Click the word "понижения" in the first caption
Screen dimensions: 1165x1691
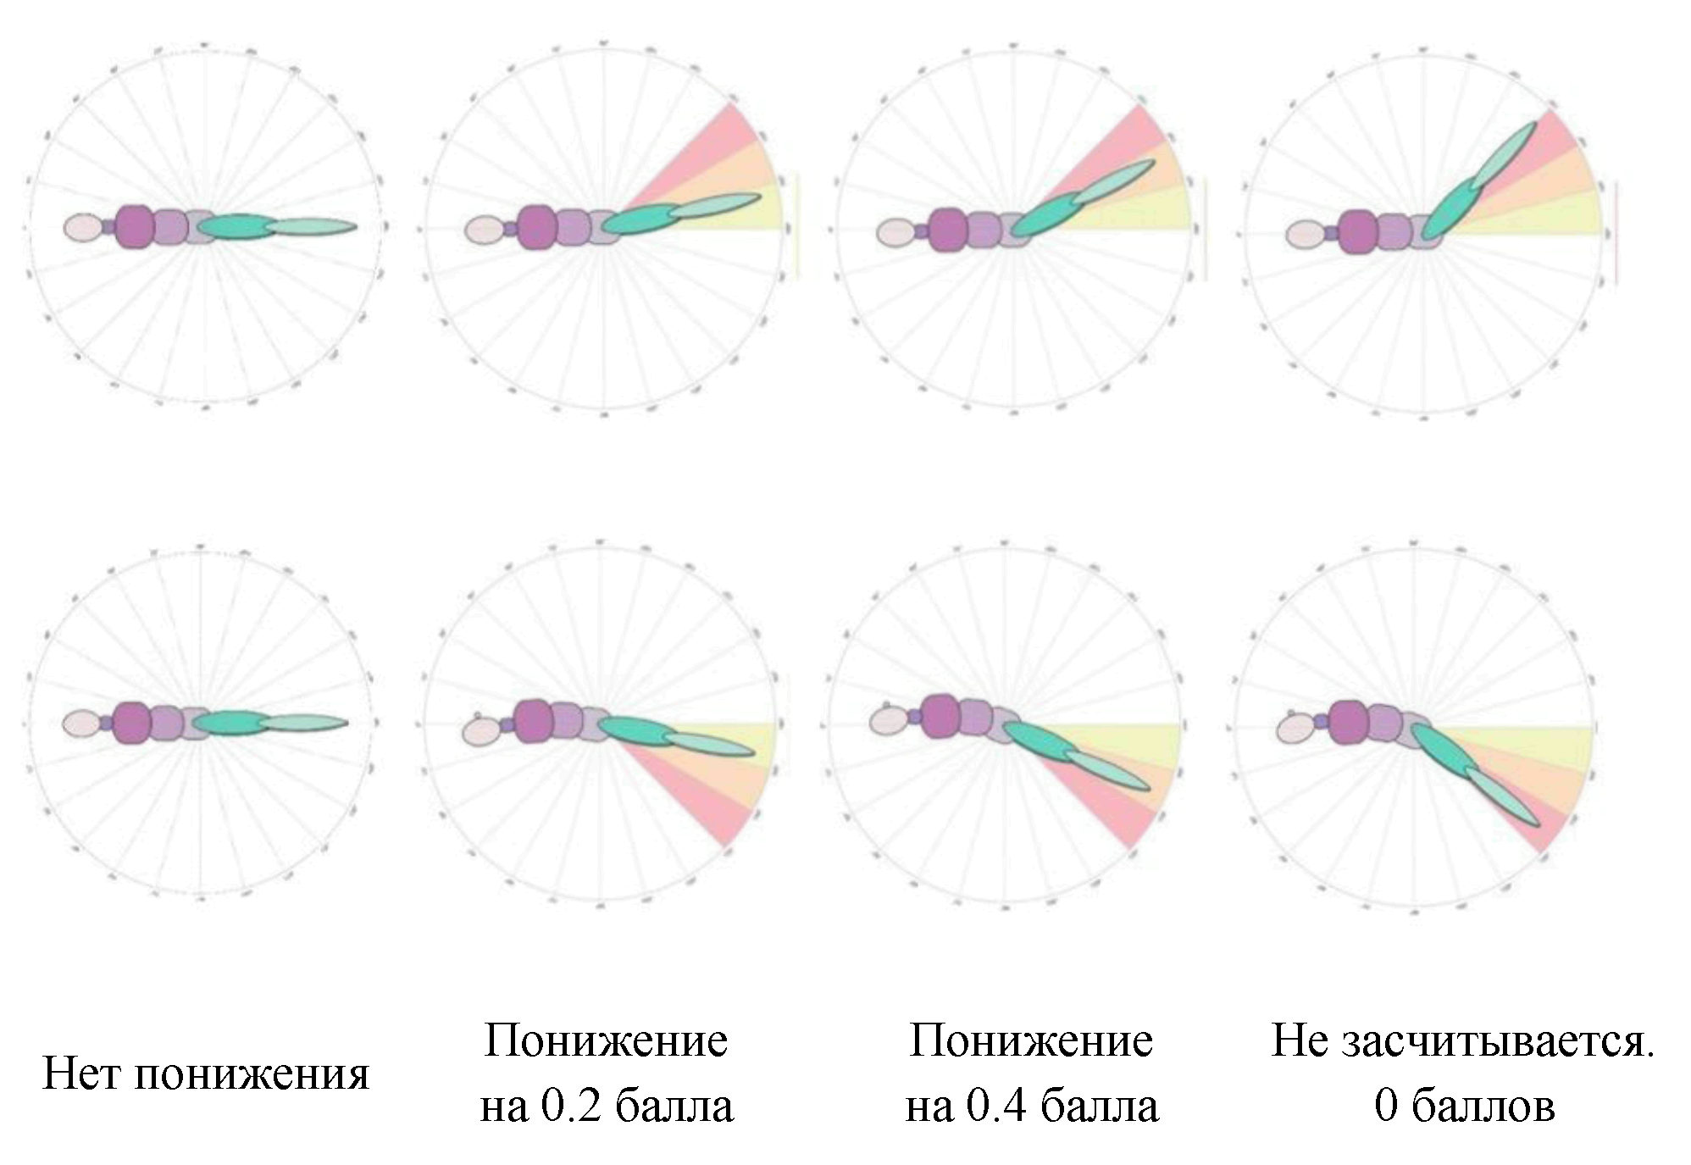(x=252, y=1074)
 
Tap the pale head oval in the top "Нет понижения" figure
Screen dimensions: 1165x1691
(x=83, y=227)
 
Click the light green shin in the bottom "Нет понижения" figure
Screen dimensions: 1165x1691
(x=303, y=723)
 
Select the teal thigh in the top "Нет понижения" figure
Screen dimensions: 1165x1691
(x=241, y=226)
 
